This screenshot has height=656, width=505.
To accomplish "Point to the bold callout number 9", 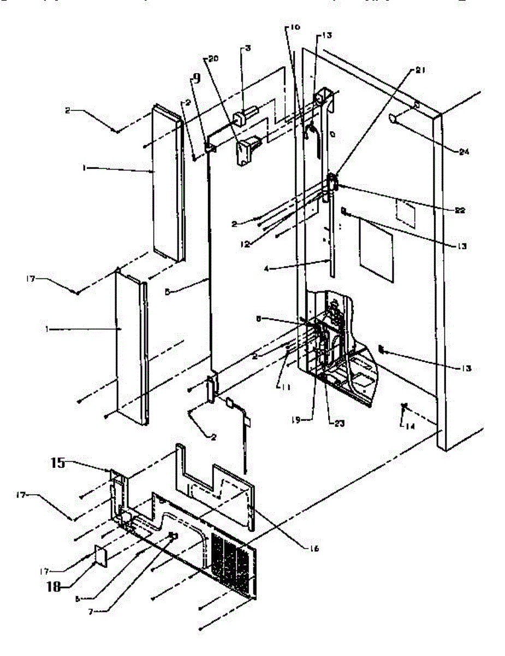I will (197, 78).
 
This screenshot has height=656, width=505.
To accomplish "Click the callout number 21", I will (421, 70).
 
